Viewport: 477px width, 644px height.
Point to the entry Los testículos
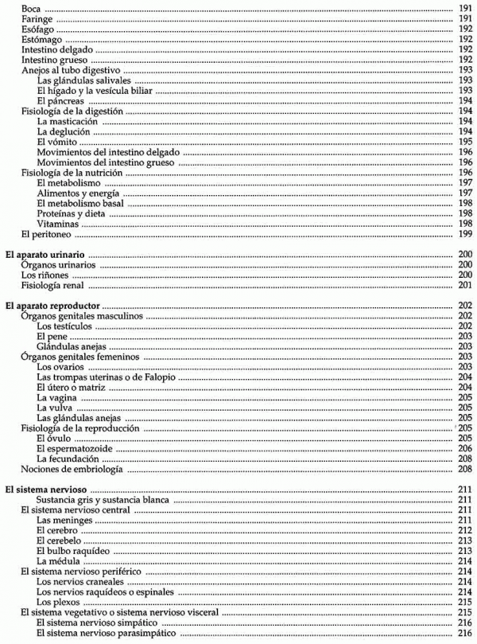click(x=60, y=327)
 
